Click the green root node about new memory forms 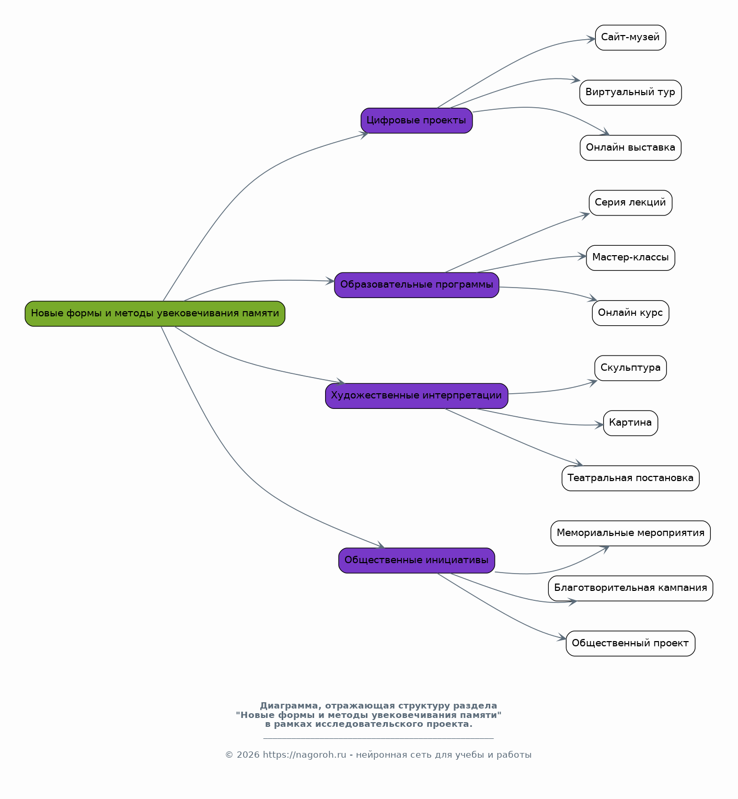coord(155,314)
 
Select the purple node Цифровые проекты coord(417,121)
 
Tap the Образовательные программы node coord(417,285)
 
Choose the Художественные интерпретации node coord(417,396)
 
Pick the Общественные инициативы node coord(417,561)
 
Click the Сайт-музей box coord(630,38)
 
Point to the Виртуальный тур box coord(630,93)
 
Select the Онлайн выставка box coord(630,148)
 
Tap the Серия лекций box coord(630,203)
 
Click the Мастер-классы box coord(630,258)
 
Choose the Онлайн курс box coord(630,313)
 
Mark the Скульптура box coord(630,368)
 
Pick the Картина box coord(630,423)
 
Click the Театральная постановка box coord(630,478)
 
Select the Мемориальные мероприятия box coord(630,533)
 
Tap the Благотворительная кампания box coord(630,588)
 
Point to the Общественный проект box coord(630,644)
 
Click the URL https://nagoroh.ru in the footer coord(304,755)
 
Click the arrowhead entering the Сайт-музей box coord(591,39)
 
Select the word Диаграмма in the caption coord(289,706)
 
